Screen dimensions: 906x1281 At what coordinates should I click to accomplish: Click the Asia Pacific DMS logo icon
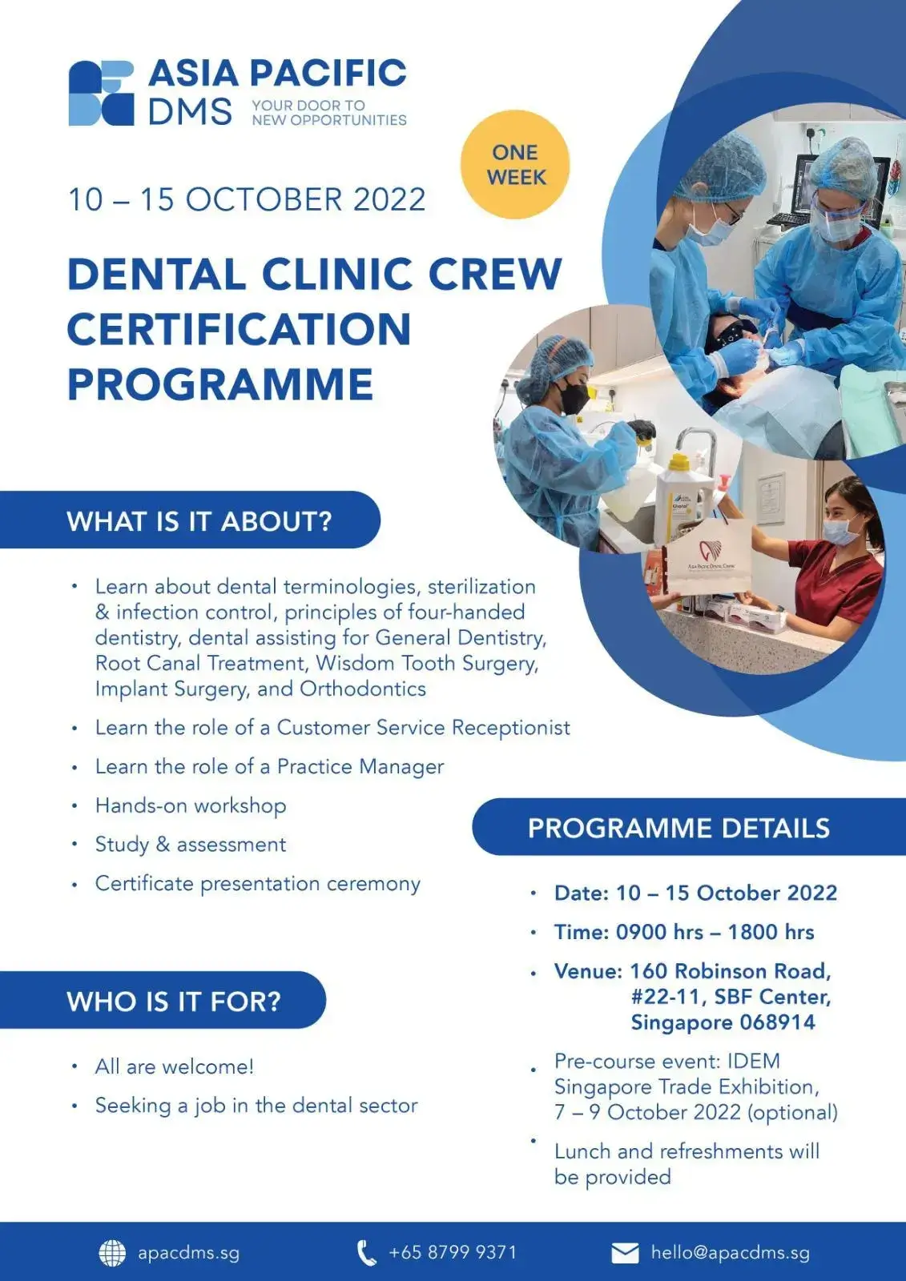(101, 93)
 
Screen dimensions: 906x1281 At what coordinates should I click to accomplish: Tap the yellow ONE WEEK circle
(515, 164)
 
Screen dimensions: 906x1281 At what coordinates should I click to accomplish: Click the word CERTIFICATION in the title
(240, 329)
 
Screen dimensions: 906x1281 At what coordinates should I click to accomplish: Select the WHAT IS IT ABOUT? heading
(199, 521)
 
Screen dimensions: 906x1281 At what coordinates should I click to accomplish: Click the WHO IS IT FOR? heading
(174, 1002)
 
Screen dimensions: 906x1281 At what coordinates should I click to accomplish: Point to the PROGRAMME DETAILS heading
(678, 828)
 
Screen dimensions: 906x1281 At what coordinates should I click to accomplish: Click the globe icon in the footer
(112, 1253)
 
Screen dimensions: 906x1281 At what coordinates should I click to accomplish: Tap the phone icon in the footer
(367, 1253)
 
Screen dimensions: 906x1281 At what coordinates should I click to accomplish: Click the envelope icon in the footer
(625, 1253)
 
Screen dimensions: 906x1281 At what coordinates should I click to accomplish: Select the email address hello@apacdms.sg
(731, 1252)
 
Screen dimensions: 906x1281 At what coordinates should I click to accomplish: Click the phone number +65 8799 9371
(452, 1252)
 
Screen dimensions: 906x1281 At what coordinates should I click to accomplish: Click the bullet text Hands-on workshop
(191, 805)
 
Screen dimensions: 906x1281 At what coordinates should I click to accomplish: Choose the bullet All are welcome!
(175, 1066)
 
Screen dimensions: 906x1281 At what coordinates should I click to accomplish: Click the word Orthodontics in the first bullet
(363, 689)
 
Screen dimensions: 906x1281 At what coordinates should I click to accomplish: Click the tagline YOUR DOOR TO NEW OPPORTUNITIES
(329, 113)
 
